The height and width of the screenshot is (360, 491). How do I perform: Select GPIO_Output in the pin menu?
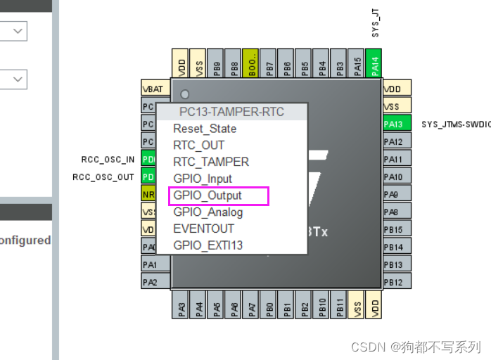tap(208, 195)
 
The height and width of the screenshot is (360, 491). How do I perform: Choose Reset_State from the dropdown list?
tap(205, 129)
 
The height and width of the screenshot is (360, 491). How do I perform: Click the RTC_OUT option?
tap(199, 146)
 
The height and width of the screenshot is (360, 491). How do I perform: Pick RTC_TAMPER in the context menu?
tap(211, 162)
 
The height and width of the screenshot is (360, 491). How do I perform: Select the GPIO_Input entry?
tap(203, 179)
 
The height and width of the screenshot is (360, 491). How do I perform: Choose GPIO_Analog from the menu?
tap(208, 212)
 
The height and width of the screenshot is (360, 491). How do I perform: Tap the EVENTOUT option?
tap(204, 229)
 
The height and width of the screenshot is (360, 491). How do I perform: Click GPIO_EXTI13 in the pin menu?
tap(208, 245)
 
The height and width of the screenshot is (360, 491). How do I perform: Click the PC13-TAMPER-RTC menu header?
tap(231, 112)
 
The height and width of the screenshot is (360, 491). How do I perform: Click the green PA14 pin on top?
tap(374, 64)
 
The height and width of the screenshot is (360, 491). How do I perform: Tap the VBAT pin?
tap(153, 89)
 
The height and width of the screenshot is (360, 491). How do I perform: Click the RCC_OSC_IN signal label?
tap(108, 160)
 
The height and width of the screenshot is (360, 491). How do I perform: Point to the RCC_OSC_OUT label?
tap(103, 177)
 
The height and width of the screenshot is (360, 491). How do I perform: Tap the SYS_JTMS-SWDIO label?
tap(455, 124)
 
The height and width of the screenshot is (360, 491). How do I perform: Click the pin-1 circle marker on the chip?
tap(185, 95)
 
